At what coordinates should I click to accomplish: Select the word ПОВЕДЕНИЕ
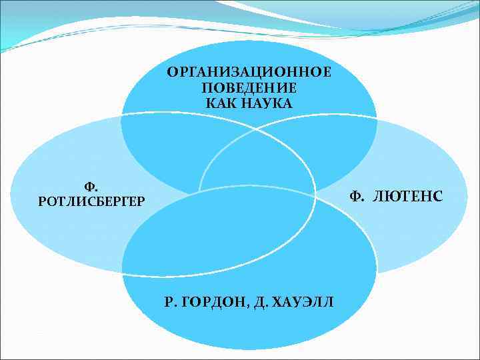coord(249,87)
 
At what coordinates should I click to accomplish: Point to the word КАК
coord(221,103)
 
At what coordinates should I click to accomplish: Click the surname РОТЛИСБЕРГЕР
coord(91,201)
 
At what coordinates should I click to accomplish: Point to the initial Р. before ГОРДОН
coord(171,301)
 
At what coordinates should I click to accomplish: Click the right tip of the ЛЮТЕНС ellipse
coord(467,196)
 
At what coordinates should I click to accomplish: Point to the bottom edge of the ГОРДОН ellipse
coord(249,349)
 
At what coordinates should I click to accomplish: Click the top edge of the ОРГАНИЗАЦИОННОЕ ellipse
coord(249,41)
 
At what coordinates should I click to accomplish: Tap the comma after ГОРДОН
coord(247,305)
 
